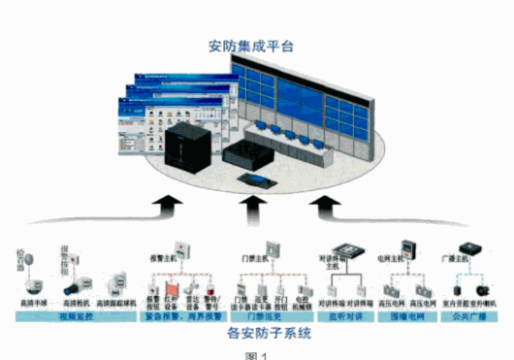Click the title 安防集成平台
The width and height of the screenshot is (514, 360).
[x=254, y=46]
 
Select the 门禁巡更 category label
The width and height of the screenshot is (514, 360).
[x=261, y=314]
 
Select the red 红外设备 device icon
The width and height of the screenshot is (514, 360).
[x=172, y=288]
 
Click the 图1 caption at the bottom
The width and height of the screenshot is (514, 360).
[x=256, y=354]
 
